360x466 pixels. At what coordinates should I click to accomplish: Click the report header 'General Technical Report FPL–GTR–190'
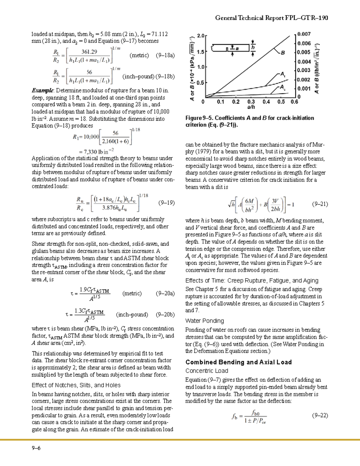pos(271,18)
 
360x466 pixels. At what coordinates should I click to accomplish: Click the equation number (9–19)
pos(166,203)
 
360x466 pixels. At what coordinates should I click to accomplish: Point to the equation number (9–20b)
pos(165,315)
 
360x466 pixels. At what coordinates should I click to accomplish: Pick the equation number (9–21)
pos(320,204)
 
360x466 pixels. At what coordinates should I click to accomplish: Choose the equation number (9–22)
pos(320,416)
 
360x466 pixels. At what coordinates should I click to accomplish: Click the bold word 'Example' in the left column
pos(43,91)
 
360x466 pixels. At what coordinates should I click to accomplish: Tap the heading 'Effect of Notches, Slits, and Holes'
pos(76,385)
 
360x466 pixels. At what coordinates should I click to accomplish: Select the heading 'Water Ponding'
pos(204,321)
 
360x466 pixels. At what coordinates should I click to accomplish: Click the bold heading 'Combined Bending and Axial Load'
pos(238,362)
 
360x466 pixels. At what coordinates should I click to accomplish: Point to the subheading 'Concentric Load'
pos(206,371)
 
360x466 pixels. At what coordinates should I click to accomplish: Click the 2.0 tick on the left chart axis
pos(200,36)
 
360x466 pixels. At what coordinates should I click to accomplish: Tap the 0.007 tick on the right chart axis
pos(304,34)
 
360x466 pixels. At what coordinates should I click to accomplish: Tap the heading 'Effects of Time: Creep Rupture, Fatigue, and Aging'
pos(252,281)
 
